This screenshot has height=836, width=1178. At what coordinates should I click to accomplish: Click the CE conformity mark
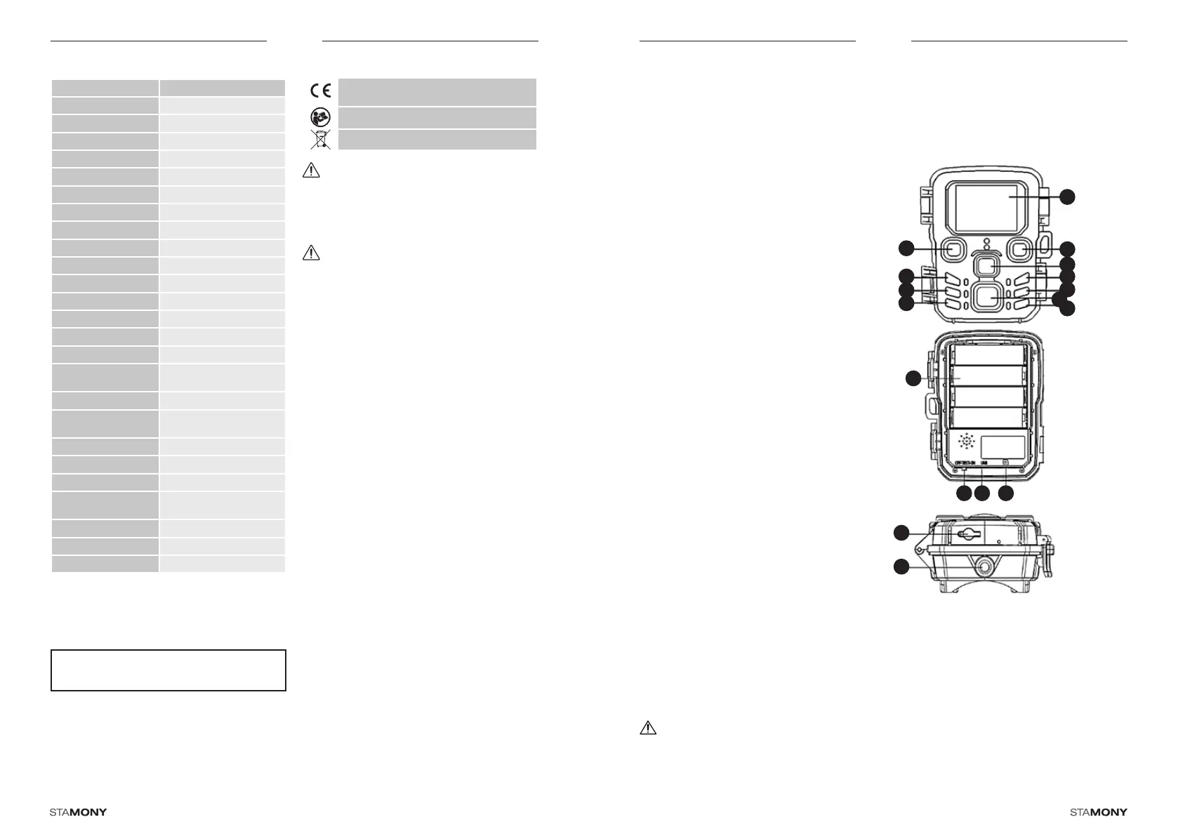tap(322, 91)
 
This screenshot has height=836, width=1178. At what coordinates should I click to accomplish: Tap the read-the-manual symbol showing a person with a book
tap(321, 117)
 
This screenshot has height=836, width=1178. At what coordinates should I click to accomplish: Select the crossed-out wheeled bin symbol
tap(321, 139)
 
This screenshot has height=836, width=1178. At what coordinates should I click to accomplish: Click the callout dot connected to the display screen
tap(1067, 197)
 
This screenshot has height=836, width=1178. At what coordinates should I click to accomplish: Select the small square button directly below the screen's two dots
tap(986, 267)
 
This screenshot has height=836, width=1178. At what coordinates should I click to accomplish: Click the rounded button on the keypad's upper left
tap(952, 249)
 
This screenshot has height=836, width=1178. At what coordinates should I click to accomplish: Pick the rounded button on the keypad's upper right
tap(1021, 249)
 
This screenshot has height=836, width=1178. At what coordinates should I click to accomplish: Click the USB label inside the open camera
tap(984, 463)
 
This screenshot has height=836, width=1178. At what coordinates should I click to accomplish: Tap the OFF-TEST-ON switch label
tap(965, 463)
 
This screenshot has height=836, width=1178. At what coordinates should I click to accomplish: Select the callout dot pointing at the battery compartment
tap(913, 379)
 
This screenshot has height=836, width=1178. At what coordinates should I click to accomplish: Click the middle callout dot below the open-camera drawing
tap(982, 494)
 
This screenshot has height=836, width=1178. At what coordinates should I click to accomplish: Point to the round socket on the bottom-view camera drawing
tap(985, 566)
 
